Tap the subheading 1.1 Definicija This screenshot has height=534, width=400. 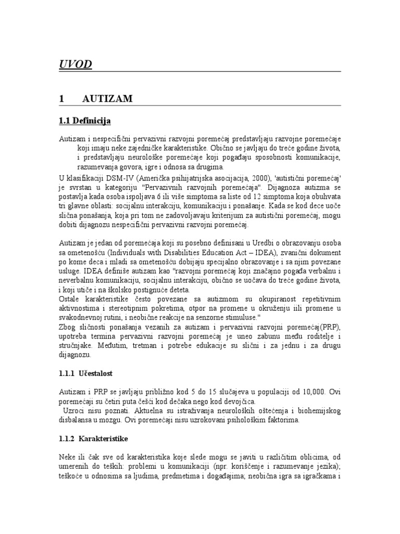pyautogui.click(x=85, y=121)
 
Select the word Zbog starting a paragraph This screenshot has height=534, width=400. pyautogui.click(x=69, y=327)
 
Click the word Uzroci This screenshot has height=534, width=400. pyautogui.click(x=76, y=411)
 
